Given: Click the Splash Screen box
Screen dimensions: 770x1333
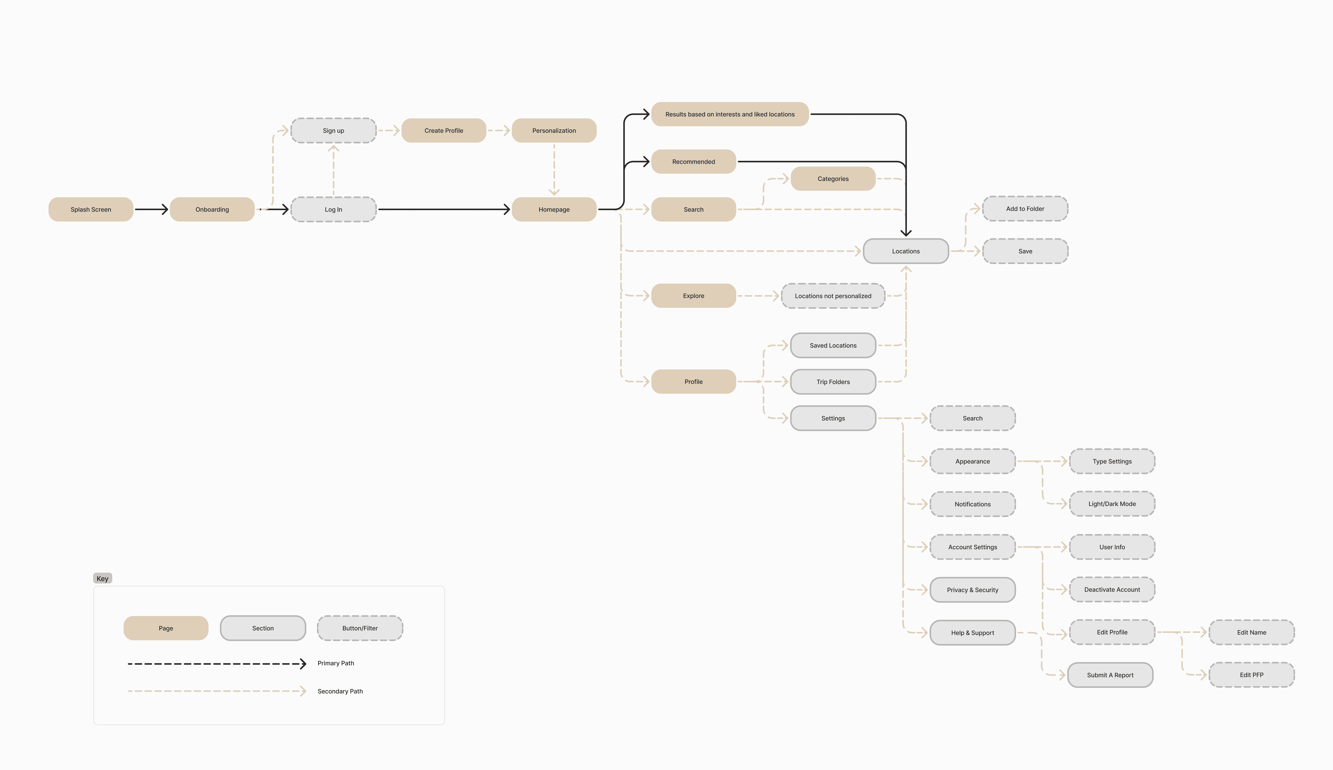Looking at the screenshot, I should click(91, 209).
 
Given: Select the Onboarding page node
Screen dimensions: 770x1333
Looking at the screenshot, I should click(212, 209).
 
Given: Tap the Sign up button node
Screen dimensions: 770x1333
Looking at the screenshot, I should click(333, 131).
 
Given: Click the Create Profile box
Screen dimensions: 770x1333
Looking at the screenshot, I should click(443, 131).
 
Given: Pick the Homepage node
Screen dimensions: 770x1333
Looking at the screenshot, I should click(554, 209).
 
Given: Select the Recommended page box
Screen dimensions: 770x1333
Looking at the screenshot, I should click(693, 162).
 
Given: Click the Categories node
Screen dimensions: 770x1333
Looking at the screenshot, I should click(833, 179).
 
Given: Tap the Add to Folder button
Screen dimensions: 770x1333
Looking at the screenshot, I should click(1025, 209).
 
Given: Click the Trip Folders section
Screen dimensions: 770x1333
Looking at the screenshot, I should click(833, 382).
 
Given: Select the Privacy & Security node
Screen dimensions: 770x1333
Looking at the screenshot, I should click(972, 590).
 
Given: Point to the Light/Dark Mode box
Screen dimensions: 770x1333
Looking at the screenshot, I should click(1112, 504).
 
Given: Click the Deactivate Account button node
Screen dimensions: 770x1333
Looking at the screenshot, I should click(1112, 590).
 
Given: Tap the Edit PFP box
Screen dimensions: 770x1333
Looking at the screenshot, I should click(1252, 675).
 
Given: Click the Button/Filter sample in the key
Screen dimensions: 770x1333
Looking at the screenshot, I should click(360, 628).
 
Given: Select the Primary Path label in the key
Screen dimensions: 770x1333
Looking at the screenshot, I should click(336, 663).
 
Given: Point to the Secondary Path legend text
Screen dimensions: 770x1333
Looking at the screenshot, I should click(340, 691).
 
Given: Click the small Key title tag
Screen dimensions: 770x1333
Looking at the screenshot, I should click(103, 579).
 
